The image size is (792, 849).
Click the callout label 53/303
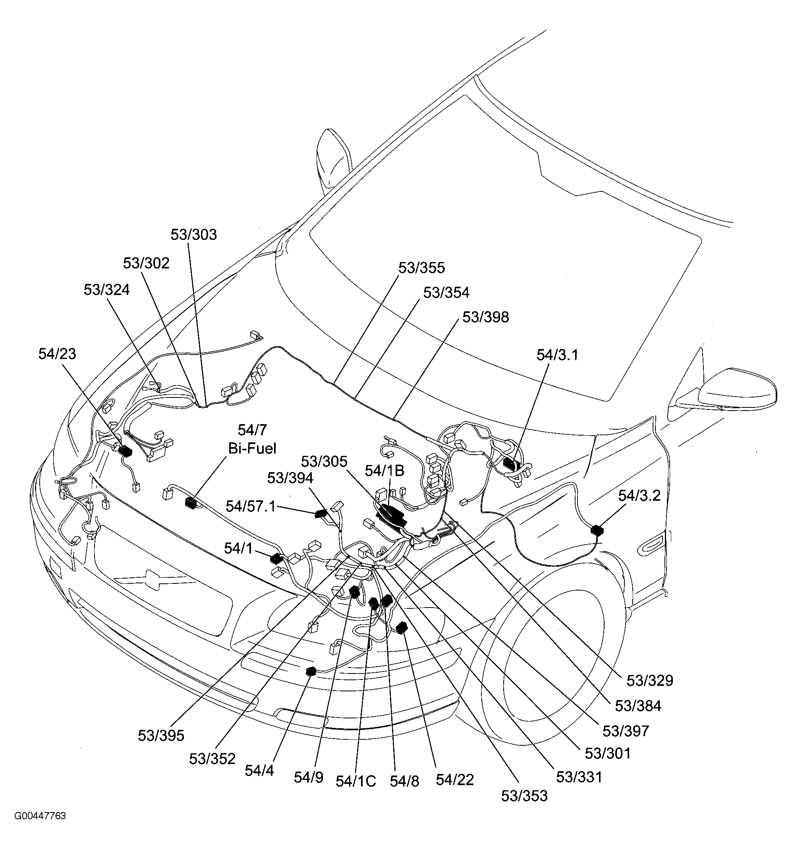pyautogui.click(x=193, y=234)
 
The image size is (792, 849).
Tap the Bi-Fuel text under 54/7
pyautogui.click(x=252, y=448)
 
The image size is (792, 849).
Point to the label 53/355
pyautogui.click(x=421, y=268)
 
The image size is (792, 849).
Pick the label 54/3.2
pyautogui.click(x=639, y=496)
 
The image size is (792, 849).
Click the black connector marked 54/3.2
pyautogui.click(x=597, y=531)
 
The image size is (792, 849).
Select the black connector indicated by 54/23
pyautogui.click(x=125, y=451)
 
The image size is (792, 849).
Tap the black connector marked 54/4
pyautogui.click(x=311, y=671)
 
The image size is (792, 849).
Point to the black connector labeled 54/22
pyautogui.click(x=401, y=628)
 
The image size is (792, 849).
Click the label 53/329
pyautogui.click(x=649, y=680)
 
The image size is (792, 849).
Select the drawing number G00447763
pyautogui.click(x=40, y=816)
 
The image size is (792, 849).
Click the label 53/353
pyautogui.click(x=524, y=796)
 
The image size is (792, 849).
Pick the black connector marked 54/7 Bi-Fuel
pyautogui.click(x=191, y=503)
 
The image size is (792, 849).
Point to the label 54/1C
pyautogui.click(x=355, y=781)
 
